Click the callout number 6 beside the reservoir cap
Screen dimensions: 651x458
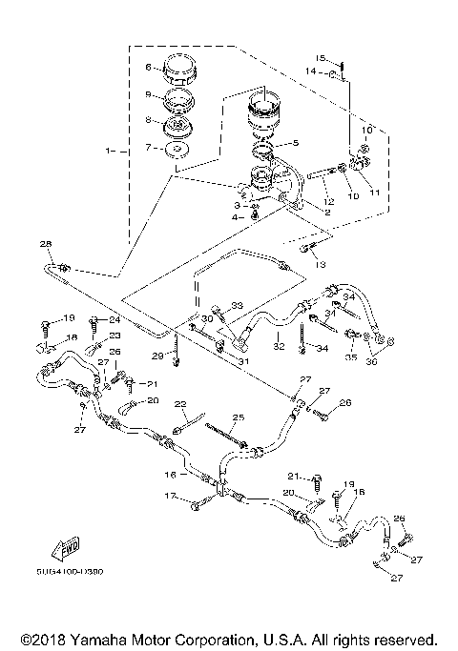(148, 67)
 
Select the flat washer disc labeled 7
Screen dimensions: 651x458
(176, 149)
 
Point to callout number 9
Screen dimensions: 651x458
(148, 94)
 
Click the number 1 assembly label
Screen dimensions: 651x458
(111, 151)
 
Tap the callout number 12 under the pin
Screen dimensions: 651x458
(326, 201)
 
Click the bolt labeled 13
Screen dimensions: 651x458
(307, 251)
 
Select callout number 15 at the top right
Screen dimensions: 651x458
(323, 57)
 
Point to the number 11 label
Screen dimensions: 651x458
(374, 192)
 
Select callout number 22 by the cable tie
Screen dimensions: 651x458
(177, 404)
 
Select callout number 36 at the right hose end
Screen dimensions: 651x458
(373, 359)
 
